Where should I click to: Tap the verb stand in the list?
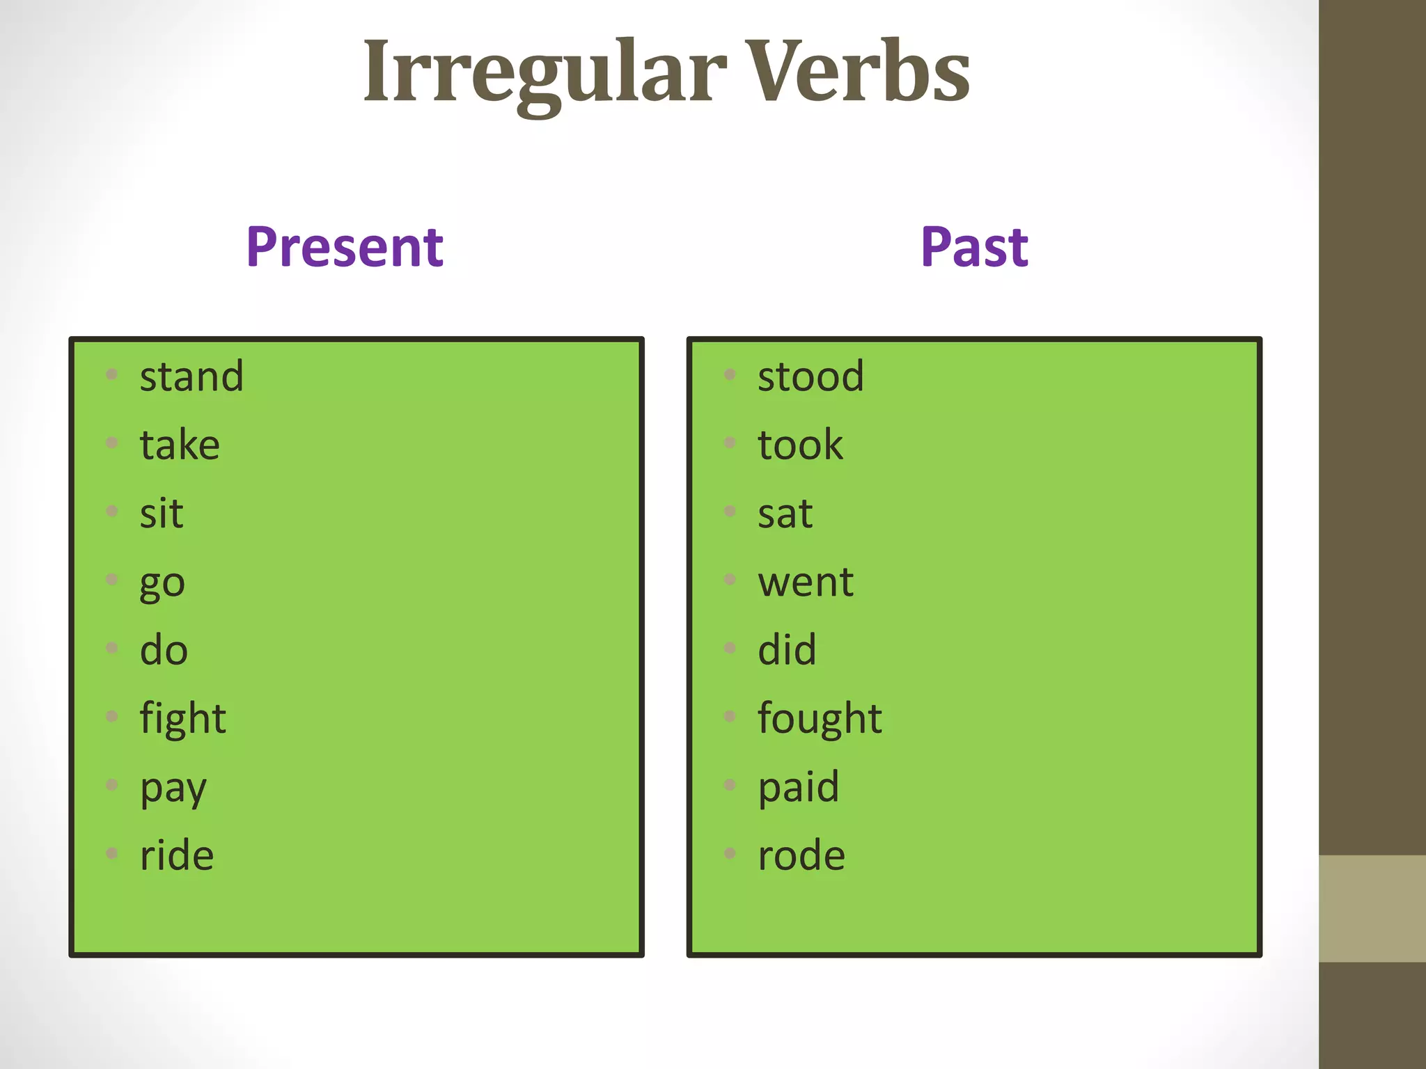pyautogui.click(x=191, y=377)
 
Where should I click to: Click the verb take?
pyautogui.click(x=180, y=445)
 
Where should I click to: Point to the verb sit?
pyautogui.click(x=162, y=514)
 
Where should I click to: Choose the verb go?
pyautogui.click(x=162, y=583)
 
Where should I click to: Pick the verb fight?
pyautogui.click(x=182, y=718)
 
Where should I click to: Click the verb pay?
pyautogui.click(x=173, y=789)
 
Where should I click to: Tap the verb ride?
pyautogui.click(x=177, y=855)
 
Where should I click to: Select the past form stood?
pyautogui.click(x=810, y=377)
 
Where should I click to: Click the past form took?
pyautogui.click(x=800, y=445)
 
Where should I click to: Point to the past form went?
pyautogui.click(x=806, y=582)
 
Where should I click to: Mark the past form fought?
pyautogui.click(x=820, y=718)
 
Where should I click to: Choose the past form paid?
pyautogui.click(x=799, y=787)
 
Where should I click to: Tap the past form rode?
pyautogui.click(x=801, y=855)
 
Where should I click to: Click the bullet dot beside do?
pyautogui.click(x=112, y=648)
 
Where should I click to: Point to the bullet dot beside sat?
pyautogui.click(x=730, y=512)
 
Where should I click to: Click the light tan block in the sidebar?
pyautogui.click(x=1372, y=908)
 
